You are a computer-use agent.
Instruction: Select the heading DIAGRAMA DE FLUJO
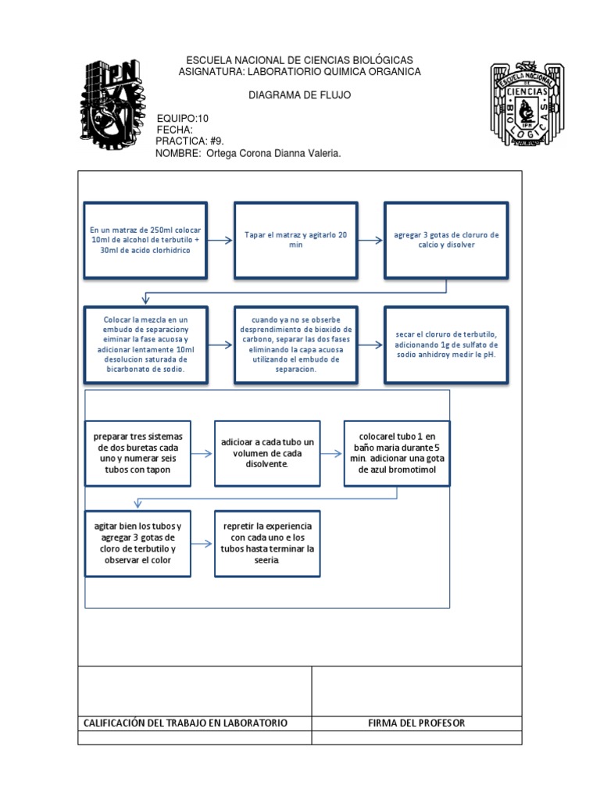[x=299, y=95]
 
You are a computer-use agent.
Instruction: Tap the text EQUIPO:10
[x=183, y=118]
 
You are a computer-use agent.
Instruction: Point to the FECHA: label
[x=174, y=130]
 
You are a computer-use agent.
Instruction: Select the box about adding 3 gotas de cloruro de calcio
[x=446, y=240]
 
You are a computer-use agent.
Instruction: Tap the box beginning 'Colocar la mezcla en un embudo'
[x=146, y=344]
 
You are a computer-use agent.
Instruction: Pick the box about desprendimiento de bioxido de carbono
[x=296, y=344]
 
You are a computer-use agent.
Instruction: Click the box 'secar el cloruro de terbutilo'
[x=446, y=344]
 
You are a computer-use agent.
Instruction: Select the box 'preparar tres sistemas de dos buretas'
[x=137, y=453]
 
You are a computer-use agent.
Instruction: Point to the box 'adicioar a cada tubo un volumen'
[x=267, y=453]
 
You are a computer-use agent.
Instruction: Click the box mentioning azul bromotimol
[x=397, y=453]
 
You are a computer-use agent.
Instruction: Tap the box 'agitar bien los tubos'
[x=137, y=543]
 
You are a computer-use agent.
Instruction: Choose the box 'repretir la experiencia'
[x=267, y=543]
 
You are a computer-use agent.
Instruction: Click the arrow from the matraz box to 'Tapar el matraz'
[x=220, y=240]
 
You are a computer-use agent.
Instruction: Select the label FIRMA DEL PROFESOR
[x=416, y=723]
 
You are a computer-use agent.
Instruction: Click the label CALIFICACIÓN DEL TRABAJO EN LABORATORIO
[x=186, y=723]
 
